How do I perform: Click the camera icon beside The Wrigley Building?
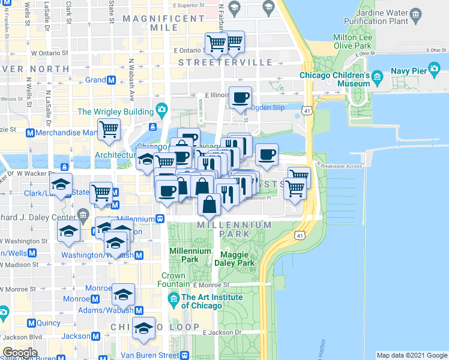tap(161, 109)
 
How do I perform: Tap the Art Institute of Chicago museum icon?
tap(174, 298)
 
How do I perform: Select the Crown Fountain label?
tap(173, 280)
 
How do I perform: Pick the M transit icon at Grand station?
tap(111, 80)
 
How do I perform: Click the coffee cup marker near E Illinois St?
tap(240, 97)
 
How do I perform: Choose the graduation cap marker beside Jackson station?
tap(143, 329)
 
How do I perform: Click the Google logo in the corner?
tap(20, 353)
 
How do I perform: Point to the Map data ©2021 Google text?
tap(411, 355)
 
